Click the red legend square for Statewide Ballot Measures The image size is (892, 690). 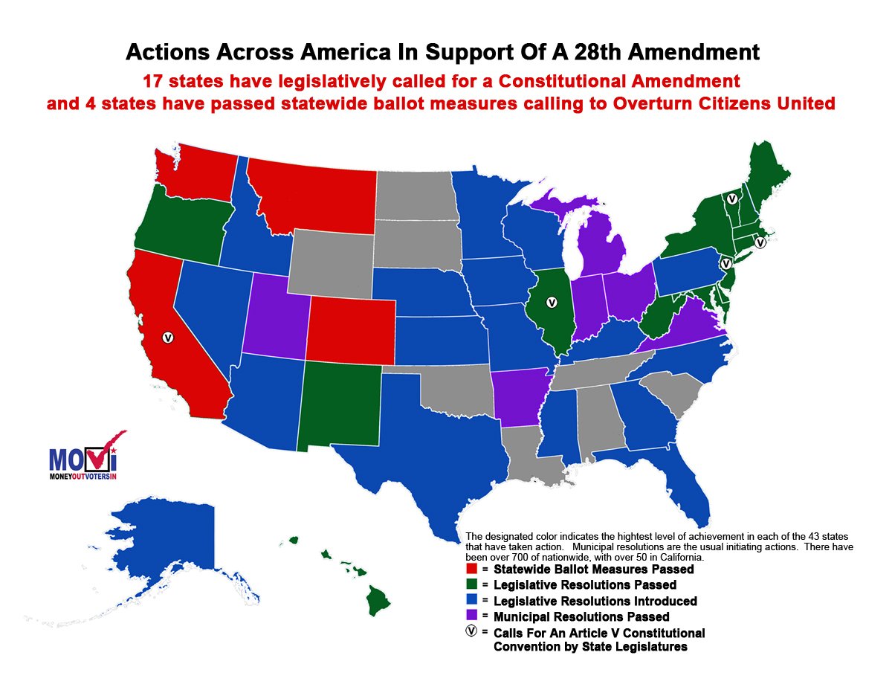click(x=471, y=569)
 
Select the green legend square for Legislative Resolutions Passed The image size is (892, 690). click(x=471, y=584)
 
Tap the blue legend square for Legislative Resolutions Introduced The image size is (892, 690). click(x=471, y=601)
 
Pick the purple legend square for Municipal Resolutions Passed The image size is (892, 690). click(x=471, y=616)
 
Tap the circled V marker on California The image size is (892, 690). click(x=168, y=337)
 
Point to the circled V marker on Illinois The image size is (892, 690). click(x=552, y=303)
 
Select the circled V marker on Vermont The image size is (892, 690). click(x=732, y=199)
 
